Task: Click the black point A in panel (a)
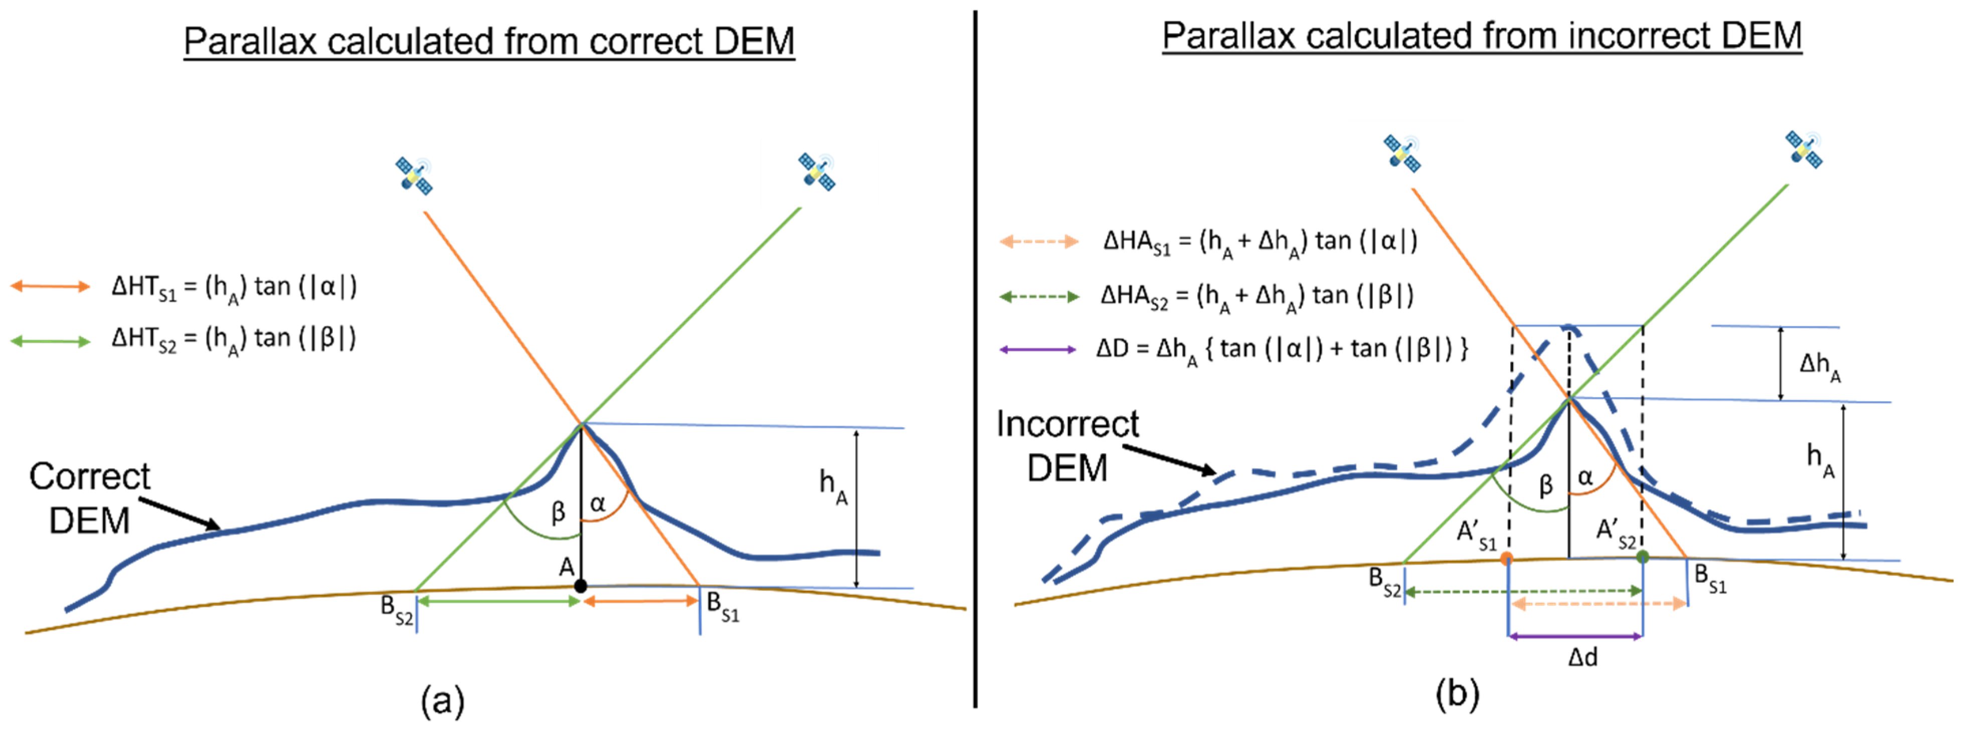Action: click(x=581, y=586)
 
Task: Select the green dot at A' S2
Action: click(x=1642, y=557)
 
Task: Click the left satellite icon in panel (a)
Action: click(x=414, y=175)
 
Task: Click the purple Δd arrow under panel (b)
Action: click(x=1575, y=636)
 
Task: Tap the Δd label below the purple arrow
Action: click(x=1582, y=658)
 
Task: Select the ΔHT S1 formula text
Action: click(x=234, y=287)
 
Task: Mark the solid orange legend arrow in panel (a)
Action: click(x=51, y=287)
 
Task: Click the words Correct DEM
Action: click(x=90, y=498)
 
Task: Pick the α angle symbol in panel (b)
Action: click(x=1585, y=477)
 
